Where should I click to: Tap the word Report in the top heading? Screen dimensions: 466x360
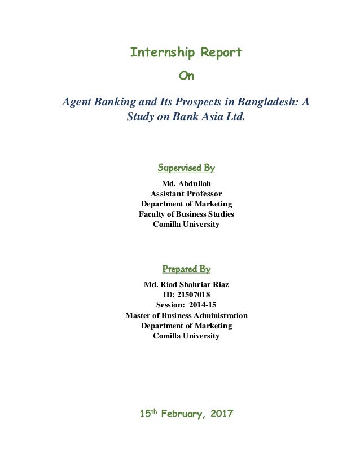point(222,53)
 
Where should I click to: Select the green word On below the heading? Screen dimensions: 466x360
point(186,75)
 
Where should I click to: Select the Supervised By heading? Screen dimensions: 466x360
point(186,168)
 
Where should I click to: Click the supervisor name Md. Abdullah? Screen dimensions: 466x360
point(186,183)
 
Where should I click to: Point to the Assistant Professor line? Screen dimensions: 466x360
point(186,194)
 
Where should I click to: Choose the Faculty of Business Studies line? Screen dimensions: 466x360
point(186,214)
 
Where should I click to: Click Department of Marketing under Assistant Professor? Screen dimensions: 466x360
point(186,204)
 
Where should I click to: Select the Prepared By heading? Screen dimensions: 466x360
point(186,269)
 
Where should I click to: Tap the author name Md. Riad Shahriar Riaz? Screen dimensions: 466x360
point(186,284)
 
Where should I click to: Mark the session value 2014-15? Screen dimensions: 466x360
point(201,305)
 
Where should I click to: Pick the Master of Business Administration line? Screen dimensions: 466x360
point(186,315)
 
